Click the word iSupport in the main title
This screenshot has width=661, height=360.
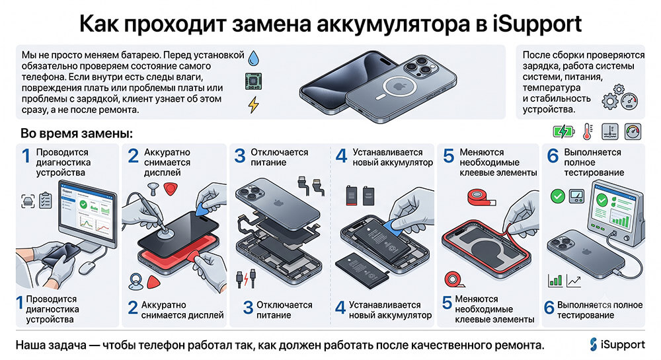(x=537, y=24)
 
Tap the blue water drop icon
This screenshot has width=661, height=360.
(x=254, y=59)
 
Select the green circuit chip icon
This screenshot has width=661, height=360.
(x=253, y=81)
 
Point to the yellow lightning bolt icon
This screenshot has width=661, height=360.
(x=253, y=104)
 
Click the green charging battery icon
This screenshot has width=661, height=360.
(x=564, y=132)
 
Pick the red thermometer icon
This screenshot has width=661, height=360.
(x=588, y=132)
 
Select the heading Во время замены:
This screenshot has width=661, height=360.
(x=77, y=133)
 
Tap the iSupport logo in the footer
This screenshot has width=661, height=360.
(x=617, y=344)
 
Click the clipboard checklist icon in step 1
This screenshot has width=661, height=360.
(x=45, y=200)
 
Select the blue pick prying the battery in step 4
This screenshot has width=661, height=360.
(x=396, y=225)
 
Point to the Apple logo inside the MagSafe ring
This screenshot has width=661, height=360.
(x=399, y=87)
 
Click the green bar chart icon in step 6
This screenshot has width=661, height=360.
(x=555, y=280)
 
